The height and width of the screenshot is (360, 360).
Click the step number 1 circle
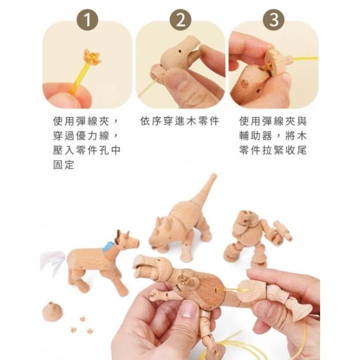coord(87,20)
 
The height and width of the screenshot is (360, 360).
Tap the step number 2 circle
coord(181,20)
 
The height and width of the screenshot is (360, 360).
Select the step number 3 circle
coord(274,20)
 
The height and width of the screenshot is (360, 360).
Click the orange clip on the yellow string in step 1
coord(92,57)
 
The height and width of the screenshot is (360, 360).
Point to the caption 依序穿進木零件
coord(180,121)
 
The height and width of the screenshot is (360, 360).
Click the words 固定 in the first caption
coord(64,165)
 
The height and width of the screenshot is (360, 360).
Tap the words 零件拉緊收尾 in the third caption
coord(273,150)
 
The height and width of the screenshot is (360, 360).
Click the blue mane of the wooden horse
coord(108,247)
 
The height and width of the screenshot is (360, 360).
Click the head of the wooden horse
coord(128,241)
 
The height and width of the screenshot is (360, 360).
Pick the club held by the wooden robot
coord(283,230)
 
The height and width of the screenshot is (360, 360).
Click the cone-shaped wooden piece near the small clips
coord(52,311)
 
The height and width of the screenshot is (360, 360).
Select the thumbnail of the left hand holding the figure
coord(189,309)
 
